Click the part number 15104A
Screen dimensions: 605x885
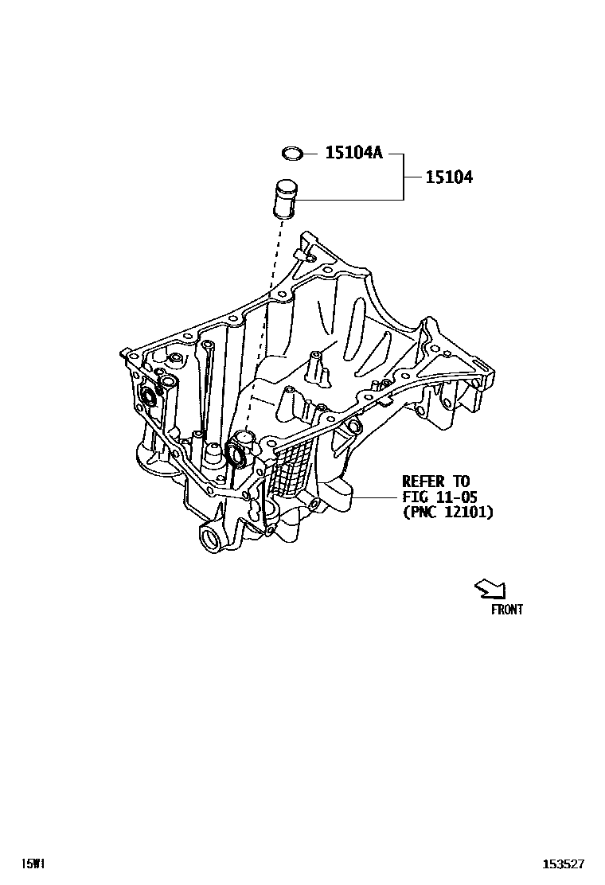click(353, 152)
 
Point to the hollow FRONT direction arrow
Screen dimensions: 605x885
click(490, 588)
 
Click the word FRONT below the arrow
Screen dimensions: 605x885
click(506, 610)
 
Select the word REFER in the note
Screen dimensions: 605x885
click(425, 481)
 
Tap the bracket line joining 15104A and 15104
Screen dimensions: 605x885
click(403, 176)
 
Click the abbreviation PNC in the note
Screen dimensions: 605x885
click(423, 513)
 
